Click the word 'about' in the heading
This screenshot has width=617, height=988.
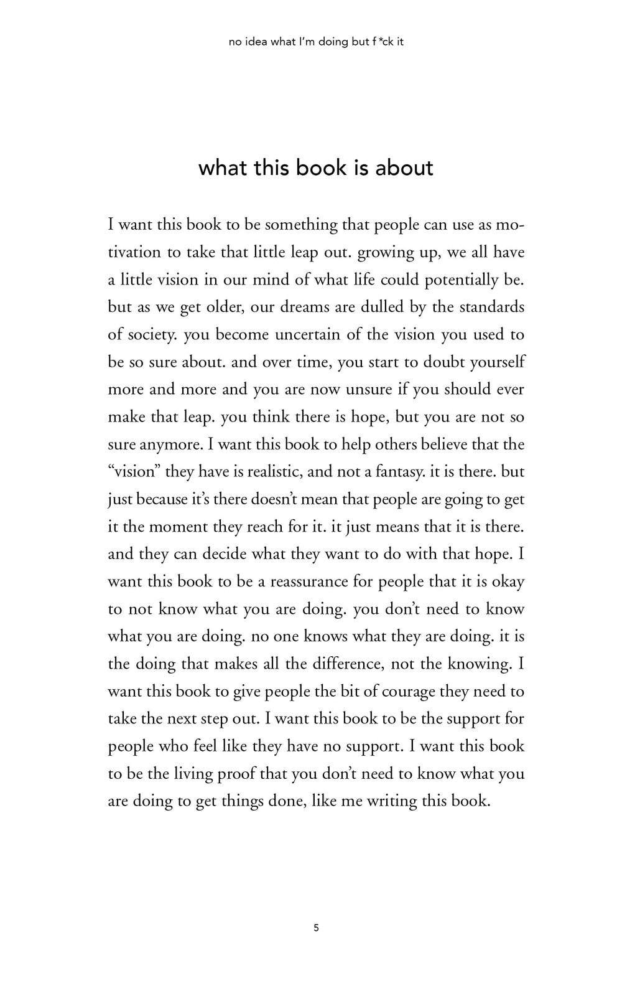coord(404,168)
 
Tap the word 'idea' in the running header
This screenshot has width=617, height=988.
coord(256,43)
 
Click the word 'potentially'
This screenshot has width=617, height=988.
coord(461,280)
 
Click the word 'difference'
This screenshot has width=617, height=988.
coord(346,664)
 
